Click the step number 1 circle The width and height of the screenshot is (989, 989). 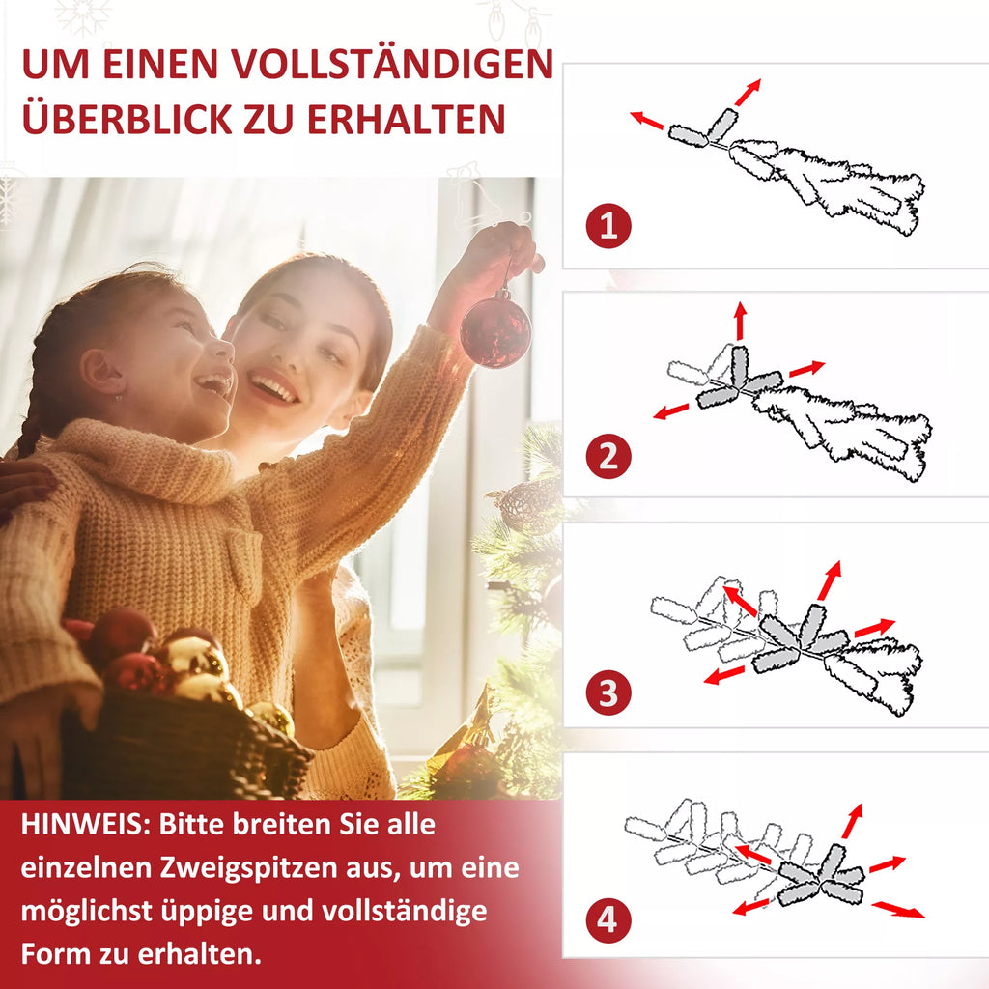[x=608, y=226]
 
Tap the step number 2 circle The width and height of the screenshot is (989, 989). [x=608, y=456]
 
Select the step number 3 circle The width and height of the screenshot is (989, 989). [x=608, y=692]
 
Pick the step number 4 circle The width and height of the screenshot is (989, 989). [x=608, y=919]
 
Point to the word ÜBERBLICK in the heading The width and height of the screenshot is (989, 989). [x=127, y=118]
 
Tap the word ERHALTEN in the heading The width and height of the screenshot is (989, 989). [x=407, y=119]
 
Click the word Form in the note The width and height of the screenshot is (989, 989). [x=54, y=953]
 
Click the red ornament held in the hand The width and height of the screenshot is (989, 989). [x=495, y=330]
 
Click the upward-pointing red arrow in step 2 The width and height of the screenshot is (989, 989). [x=741, y=321]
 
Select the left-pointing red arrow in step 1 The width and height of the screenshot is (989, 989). [x=646, y=120]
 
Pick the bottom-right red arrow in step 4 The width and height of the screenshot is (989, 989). [x=899, y=910]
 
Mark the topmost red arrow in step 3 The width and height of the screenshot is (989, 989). [x=830, y=579]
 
